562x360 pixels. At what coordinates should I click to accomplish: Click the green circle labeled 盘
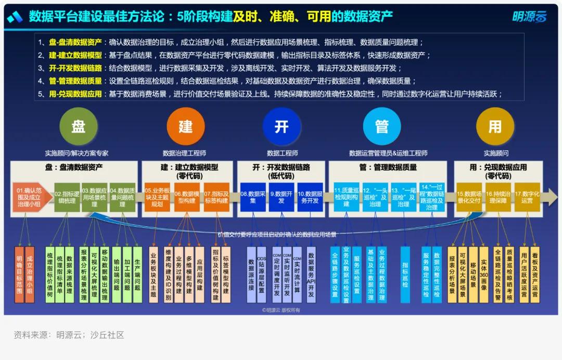[x=79, y=126]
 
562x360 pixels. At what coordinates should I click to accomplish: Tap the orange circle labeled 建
[x=186, y=126]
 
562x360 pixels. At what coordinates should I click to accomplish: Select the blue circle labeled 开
[x=282, y=126]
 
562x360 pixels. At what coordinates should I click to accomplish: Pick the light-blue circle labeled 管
[x=382, y=126]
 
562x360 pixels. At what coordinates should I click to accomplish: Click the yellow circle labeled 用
[x=495, y=126]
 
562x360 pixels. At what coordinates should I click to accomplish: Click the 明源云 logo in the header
[x=529, y=17]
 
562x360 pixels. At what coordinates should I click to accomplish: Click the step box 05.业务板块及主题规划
[x=157, y=197]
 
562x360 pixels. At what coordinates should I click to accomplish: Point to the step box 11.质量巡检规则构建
[x=346, y=197]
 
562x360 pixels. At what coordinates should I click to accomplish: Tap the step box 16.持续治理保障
[x=498, y=197]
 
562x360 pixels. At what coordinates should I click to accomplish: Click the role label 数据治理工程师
[x=184, y=153]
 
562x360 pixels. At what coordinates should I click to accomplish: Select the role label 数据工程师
[x=282, y=153]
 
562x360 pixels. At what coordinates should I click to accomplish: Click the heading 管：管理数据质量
[x=388, y=168]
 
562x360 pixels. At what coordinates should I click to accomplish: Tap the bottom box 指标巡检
[x=405, y=274]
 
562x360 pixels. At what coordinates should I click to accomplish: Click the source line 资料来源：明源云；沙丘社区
[x=69, y=335]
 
